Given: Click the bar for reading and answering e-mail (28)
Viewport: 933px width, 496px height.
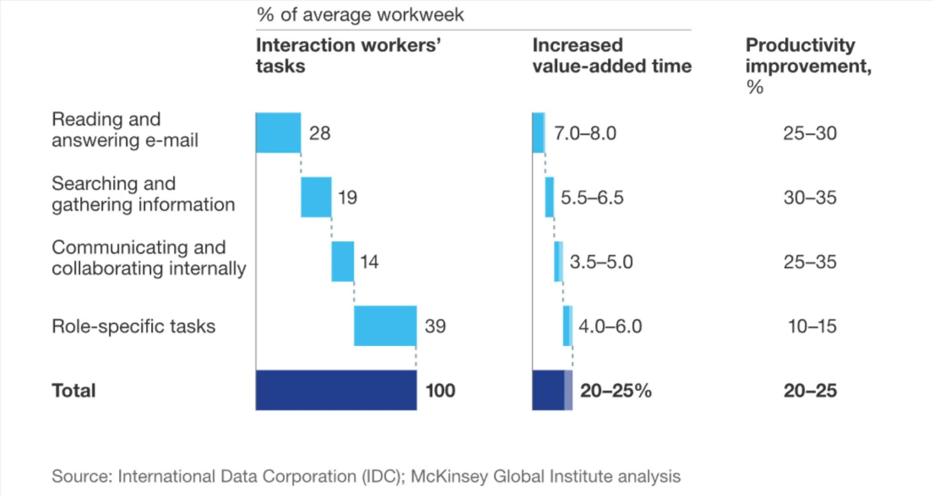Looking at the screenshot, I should click(x=278, y=133).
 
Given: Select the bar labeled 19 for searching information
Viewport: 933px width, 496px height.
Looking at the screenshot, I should click(x=316, y=197).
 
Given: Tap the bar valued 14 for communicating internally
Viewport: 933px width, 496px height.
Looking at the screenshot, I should click(x=343, y=261).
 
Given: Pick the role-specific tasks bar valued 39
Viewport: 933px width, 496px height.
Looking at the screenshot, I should click(x=385, y=325).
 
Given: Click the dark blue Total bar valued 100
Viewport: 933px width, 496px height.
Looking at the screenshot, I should click(x=336, y=390).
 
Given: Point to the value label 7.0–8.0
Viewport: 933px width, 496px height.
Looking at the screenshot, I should click(x=585, y=133).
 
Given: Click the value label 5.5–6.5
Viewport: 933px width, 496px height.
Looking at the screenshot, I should click(x=592, y=198).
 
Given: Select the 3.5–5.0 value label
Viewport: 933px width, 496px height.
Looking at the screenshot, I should click(x=601, y=262).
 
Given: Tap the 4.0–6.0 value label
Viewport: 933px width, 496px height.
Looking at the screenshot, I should click(x=610, y=326).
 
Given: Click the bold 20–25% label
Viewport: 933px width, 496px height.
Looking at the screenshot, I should click(x=615, y=391).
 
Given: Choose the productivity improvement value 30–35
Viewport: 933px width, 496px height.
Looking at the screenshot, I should click(x=810, y=198).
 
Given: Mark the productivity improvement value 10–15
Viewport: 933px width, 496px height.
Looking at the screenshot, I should click(x=812, y=326).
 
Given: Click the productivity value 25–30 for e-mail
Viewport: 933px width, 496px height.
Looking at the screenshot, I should click(x=810, y=133).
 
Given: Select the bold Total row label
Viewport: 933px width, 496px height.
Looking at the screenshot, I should click(x=73, y=391).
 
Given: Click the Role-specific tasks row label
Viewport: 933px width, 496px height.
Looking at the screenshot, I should click(x=133, y=326).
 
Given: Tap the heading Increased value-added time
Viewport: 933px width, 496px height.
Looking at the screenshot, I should click(x=611, y=55).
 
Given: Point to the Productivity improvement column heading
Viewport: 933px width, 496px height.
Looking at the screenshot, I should click(x=808, y=55).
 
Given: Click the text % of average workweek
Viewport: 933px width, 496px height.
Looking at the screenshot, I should click(x=360, y=15).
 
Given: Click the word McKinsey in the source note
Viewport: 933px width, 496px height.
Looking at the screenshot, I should click(x=449, y=476).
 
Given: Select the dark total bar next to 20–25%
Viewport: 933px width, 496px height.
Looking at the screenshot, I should click(x=549, y=390).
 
